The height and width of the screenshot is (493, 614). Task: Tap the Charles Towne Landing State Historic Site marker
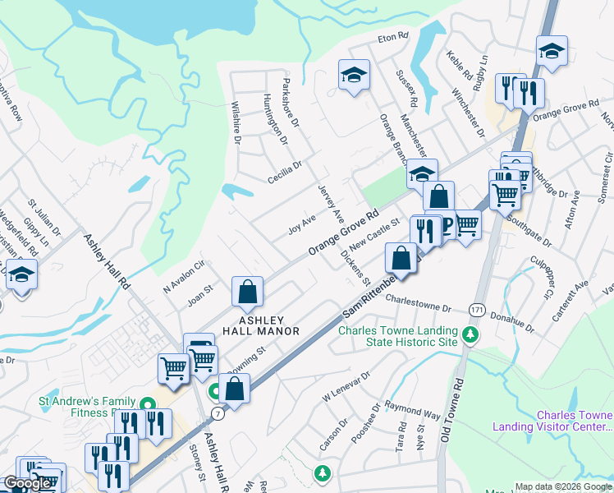(470, 334)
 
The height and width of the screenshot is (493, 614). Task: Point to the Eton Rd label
(392, 37)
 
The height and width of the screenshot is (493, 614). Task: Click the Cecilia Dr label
(285, 170)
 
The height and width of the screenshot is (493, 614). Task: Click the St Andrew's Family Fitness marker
(148, 403)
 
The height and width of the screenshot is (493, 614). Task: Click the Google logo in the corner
(27, 483)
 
